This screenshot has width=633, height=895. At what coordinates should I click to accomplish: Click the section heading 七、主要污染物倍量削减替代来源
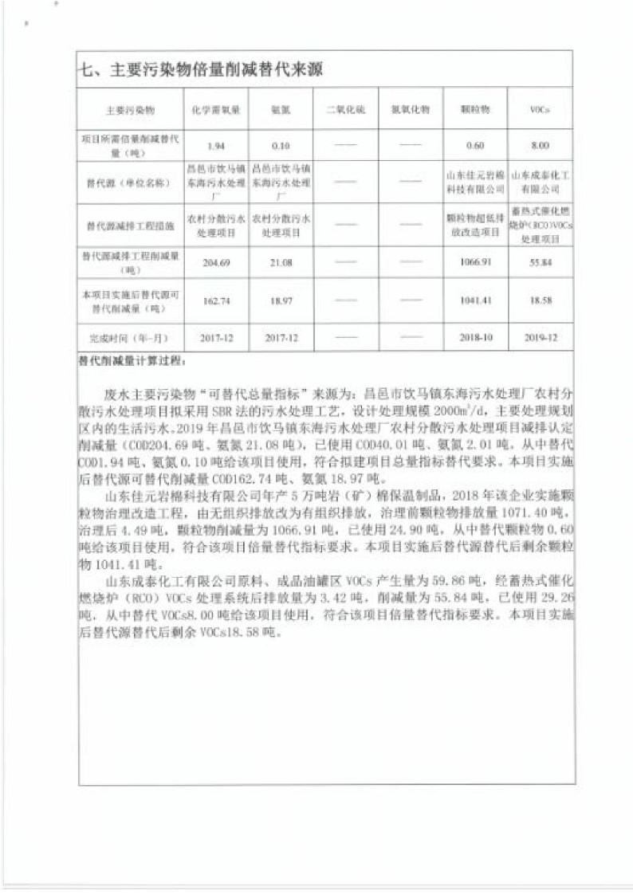(200, 69)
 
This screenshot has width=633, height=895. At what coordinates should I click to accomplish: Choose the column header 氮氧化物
(411, 108)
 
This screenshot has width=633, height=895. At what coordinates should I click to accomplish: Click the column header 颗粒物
(475, 108)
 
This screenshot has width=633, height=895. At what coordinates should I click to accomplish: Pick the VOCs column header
(541, 108)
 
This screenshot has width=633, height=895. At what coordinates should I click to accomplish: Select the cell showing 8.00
(541, 146)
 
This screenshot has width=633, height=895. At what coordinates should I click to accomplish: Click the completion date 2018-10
(477, 338)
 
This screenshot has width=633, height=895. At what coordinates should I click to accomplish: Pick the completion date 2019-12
(541, 338)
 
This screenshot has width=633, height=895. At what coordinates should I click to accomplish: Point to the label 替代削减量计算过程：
(132, 359)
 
